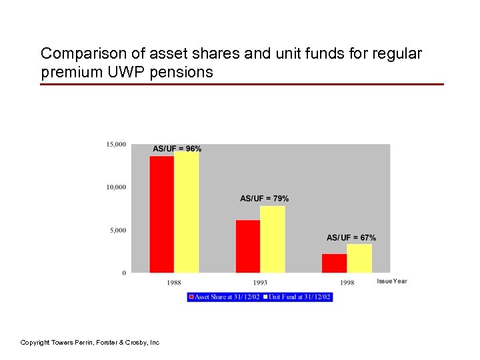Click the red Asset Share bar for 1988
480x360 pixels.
coord(162,214)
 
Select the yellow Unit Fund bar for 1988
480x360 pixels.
coord(187,212)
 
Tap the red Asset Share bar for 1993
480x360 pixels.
coord(248,246)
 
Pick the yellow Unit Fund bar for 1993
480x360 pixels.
coord(273,239)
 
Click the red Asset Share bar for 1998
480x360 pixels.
coord(334,263)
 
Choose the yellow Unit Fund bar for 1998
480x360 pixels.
coord(359,259)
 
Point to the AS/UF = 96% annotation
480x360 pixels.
coord(177,149)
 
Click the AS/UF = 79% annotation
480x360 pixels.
coord(265,199)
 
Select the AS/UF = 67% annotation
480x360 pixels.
coord(351,238)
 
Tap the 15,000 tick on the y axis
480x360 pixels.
coord(116,144)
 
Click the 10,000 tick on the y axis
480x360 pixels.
coord(116,187)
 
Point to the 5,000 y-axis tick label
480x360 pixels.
coord(118,231)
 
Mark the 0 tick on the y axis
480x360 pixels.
coord(124,273)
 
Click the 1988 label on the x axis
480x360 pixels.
coord(174,283)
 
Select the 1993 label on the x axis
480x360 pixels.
coord(260,283)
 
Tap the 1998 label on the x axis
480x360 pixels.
coord(347,283)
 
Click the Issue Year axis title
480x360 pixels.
coord(392,281)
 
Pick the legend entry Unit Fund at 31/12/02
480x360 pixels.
coord(299,297)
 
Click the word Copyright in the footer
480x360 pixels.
coord(36,343)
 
